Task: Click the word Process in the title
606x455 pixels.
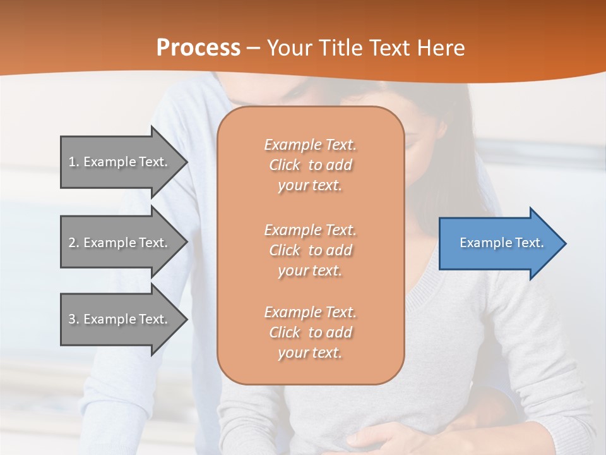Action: [x=198, y=48]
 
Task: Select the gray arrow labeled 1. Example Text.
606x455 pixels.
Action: [x=120, y=162]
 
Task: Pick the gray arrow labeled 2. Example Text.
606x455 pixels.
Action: [x=120, y=243]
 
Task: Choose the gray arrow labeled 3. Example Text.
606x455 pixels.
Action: [x=120, y=319]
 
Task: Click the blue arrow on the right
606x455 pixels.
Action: [x=499, y=243]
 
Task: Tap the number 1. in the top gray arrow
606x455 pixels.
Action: [x=74, y=162]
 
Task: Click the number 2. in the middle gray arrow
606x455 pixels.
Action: [x=74, y=243]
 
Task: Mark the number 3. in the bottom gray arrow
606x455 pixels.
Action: [x=74, y=319]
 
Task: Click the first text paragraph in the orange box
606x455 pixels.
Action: [x=310, y=165]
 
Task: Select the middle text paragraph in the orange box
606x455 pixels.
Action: [x=310, y=250]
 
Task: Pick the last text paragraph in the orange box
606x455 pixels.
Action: [x=310, y=332]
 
